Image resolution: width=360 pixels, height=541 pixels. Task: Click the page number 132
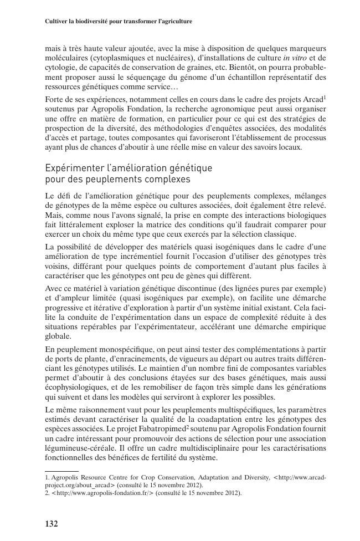coord(52,523)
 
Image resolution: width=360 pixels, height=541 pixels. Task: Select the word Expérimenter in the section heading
coord(73,167)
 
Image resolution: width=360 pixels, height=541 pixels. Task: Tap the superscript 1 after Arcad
coord(325,97)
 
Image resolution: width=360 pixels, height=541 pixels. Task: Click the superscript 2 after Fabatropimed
coord(187,427)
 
